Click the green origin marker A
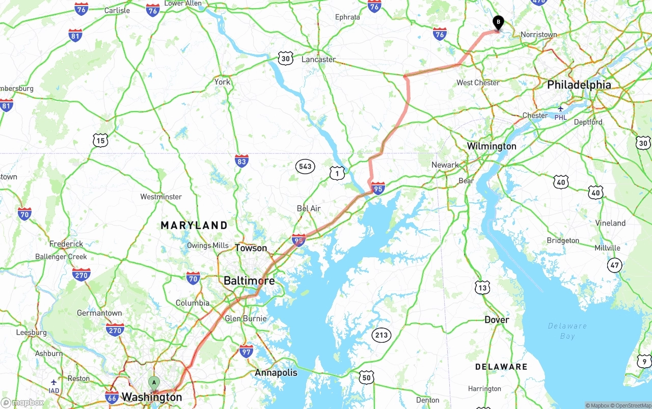[153, 383]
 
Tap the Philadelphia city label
[579, 85]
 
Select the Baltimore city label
[249, 281]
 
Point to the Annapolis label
[276, 372]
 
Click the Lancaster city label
[318, 60]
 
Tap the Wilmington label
[492, 146]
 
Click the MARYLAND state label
[194, 225]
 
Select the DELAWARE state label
[501, 367]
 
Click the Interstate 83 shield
[242, 161]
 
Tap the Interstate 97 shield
[246, 350]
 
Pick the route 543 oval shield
[305, 166]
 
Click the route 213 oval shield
[381, 335]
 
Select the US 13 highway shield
[482, 287]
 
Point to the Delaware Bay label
[567, 331]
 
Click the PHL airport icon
[561, 108]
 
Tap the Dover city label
[496, 320]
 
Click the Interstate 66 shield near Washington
[112, 397]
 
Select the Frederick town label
[66, 244]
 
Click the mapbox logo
[23, 402]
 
